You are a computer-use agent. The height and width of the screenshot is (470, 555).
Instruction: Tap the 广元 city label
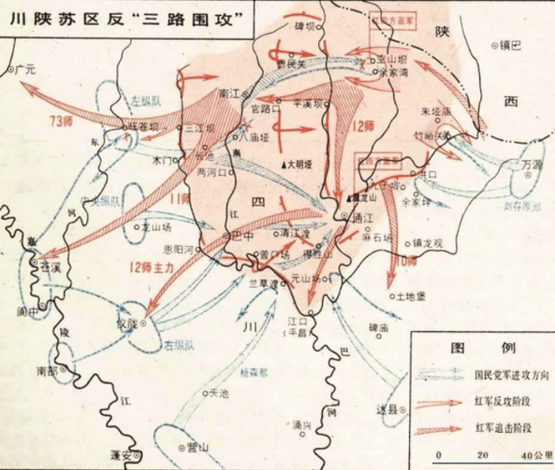click(26, 68)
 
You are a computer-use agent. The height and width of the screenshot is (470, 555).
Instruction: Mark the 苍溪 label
click(48, 266)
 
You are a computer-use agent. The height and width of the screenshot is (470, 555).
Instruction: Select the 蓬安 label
click(121, 454)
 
